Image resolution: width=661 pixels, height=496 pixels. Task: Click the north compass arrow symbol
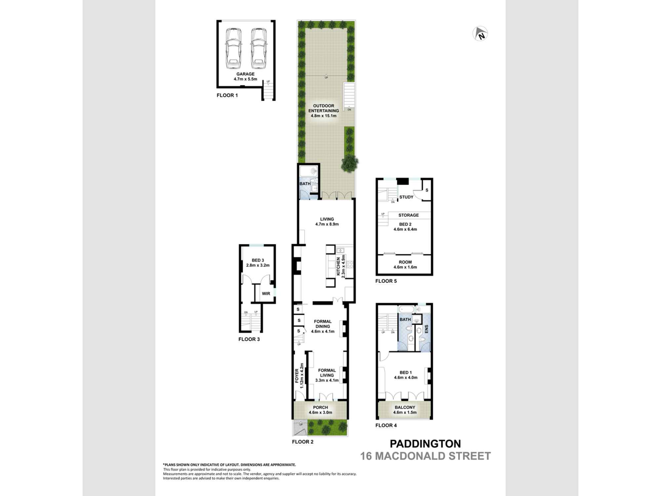(x=480, y=34)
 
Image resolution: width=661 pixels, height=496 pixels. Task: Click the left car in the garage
(x=233, y=48)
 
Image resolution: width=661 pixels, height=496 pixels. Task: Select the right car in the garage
(x=258, y=48)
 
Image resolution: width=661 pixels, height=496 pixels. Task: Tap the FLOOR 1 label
(x=227, y=95)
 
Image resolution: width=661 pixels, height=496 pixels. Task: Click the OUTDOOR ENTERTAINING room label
(x=324, y=111)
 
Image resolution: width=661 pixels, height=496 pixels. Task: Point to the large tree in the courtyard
(x=349, y=163)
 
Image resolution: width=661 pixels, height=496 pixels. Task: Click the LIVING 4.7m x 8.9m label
(x=327, y=222)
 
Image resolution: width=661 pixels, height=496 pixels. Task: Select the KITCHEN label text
(x=338, y=267)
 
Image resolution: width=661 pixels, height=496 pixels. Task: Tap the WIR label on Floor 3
(x=266, y=294)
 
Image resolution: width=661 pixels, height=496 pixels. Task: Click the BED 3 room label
(x=258, y=263)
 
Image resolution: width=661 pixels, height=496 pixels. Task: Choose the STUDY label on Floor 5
(x=406, y=197)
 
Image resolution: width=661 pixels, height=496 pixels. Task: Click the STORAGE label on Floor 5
(x=408, y=215)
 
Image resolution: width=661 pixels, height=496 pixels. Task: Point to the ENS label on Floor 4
(x=426, y=329)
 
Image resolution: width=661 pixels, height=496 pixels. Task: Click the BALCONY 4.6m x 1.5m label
(x=405, y=410)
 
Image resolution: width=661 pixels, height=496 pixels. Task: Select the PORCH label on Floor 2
(x=320, y=410)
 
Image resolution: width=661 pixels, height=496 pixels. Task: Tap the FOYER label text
(x=297, y=376)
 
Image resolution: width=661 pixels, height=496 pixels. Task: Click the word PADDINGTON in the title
(x=425, y=444)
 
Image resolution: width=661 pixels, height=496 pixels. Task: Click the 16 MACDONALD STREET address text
(x=425, y=456)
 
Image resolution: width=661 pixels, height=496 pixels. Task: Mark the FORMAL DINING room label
(x=323, y=326)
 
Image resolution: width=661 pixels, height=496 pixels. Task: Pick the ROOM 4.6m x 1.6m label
(x=405, y=265)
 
